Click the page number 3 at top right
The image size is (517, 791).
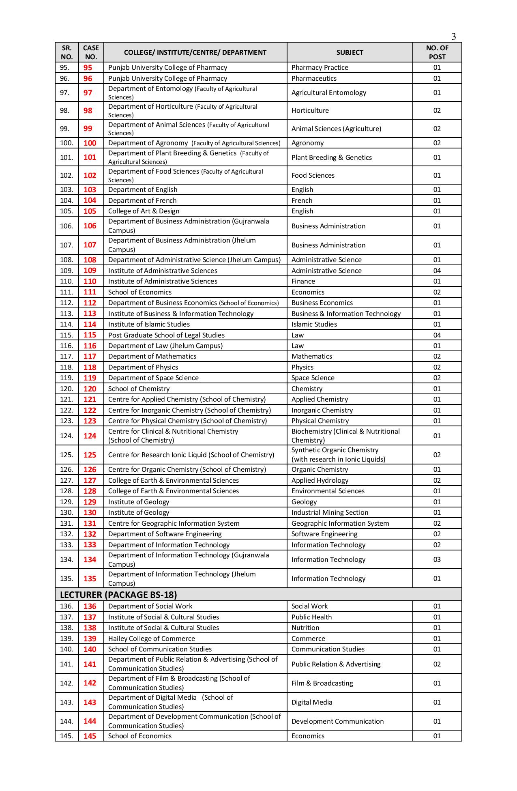[x=453, y=37]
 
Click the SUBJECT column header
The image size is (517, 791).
[x=350, y=52]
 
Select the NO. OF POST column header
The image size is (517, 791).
[x=437, y=52]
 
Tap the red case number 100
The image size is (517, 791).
[x=90, y=143]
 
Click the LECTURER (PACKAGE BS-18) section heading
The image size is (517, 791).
[x=118, y=595]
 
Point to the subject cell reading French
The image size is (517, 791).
[x=302, y=200]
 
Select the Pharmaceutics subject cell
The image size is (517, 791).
[x=314, y=78]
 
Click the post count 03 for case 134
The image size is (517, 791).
[x=437, y=559]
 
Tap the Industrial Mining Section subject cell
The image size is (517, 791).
[x=330, y=512]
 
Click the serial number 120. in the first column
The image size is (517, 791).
[x=67, y=389]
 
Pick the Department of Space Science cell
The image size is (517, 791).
[x=153, y=378]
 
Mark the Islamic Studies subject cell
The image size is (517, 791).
[x=314, y=324]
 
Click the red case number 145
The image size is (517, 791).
[x=90, y=736]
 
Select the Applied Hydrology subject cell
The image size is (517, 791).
[x=320, y=480]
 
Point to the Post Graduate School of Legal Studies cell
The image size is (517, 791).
[x=166, y=335]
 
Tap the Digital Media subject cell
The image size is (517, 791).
[x=312, y=702]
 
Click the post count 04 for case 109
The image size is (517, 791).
[x=437, y=271]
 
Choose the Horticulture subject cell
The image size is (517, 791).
[x=310, y=110]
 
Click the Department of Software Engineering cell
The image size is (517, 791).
[x=165, y=534]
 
